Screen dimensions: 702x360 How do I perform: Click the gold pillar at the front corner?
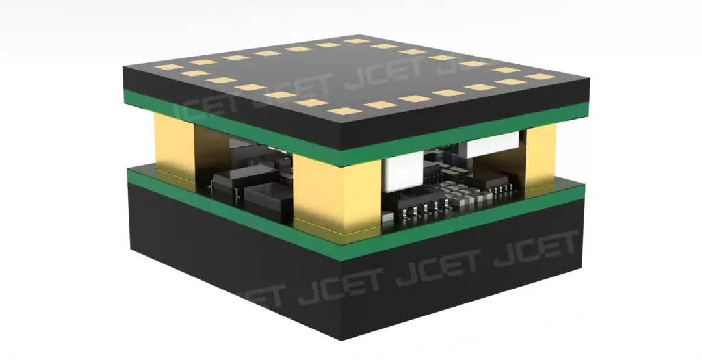[x=337, y=195]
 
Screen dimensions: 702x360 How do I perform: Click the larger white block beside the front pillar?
[x=403, y=172]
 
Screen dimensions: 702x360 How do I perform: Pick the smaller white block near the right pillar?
[x=492, y=144]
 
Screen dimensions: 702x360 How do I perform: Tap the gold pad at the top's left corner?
[x=169, y=67]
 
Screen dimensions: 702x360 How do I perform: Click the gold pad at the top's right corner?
[x=541, y=77]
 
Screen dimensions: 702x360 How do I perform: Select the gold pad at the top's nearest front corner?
[x=344, y=111]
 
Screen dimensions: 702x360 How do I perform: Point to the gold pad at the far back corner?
[x=357, y=41]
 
